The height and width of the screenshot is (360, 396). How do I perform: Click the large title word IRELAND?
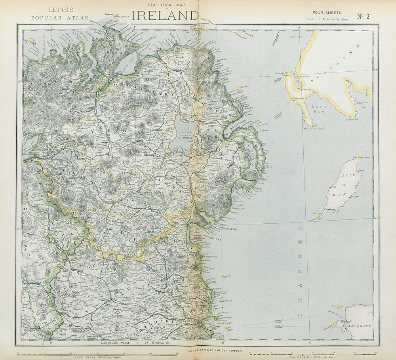165,15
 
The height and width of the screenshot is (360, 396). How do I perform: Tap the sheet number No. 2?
364,16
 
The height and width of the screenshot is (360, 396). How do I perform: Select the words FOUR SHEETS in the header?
327,13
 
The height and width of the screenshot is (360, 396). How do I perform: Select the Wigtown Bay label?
362,104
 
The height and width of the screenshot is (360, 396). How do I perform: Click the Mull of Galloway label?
313,128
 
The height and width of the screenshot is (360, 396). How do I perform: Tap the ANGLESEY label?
358,326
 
